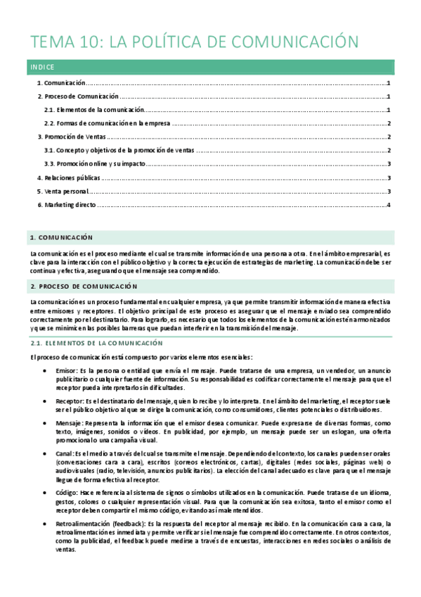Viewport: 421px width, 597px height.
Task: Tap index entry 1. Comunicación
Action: pyautogui.click(x=62, y=83)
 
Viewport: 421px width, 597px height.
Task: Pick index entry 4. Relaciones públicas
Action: pyautogui.click(x=69, y=177)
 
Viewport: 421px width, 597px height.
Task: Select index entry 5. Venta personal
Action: pyautogui.click(x=63, y=191)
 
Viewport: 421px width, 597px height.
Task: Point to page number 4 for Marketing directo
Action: pyautogui.click(x=389, y=205)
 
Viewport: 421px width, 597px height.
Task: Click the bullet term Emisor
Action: pyautogui.click(x=66, y=370)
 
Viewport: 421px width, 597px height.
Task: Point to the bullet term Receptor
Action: pyautogui.click(x=69, y=401)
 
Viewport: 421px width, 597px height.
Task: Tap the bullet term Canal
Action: pyautogui.click(x=65, y=453)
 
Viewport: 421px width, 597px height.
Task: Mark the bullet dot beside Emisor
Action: pyautogui.click(x=46, y=370)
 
